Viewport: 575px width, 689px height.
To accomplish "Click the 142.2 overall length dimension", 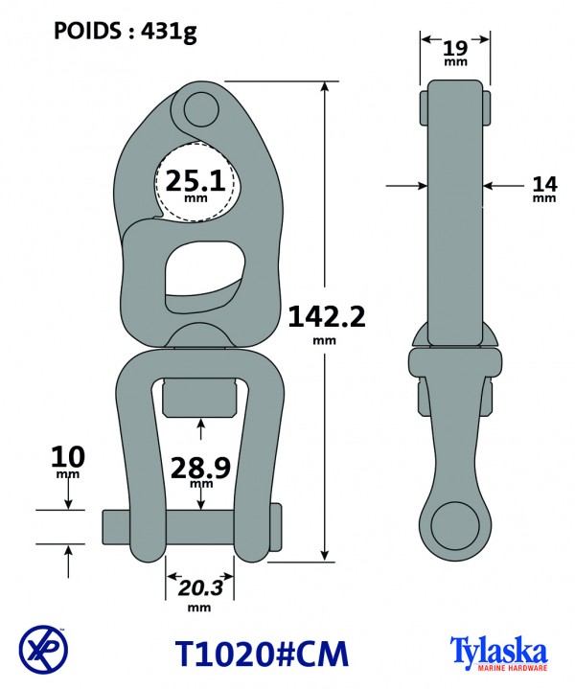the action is point(326,317).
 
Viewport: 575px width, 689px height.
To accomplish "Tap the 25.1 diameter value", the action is point(195,180).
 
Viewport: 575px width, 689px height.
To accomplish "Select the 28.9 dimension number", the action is point(200,468).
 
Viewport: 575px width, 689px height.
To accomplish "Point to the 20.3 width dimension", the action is point(200,588).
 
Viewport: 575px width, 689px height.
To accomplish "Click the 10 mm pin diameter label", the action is point(68,457).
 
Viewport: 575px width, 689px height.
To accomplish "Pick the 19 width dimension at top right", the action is point(455,48).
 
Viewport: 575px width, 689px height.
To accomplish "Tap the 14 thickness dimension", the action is point(544,184).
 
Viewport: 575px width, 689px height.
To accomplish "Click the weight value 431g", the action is point(169,32).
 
